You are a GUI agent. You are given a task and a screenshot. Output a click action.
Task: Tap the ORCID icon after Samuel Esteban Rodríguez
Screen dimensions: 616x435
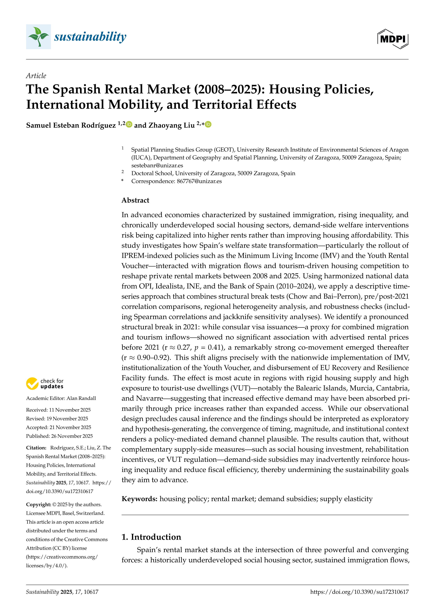129,125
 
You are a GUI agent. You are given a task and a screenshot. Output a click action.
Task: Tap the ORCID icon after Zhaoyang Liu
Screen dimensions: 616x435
208,125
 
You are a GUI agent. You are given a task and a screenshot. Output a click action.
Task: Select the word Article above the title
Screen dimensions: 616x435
36,76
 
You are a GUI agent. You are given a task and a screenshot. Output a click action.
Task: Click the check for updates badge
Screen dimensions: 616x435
45,383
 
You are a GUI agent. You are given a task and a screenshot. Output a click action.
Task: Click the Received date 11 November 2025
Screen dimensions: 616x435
70,410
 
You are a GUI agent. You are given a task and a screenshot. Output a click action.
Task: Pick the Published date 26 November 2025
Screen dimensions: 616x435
72,436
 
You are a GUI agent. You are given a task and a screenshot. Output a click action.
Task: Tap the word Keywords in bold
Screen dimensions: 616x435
139,499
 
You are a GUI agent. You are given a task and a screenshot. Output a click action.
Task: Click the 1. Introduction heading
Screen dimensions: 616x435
151,537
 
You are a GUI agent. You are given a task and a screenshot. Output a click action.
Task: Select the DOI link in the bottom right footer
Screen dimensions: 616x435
359,592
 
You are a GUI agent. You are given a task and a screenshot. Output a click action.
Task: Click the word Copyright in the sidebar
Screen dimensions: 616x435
38,504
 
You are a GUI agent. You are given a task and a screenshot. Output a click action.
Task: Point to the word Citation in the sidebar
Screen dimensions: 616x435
36,448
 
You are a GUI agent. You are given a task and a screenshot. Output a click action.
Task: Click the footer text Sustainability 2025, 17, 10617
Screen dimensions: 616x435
62,592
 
